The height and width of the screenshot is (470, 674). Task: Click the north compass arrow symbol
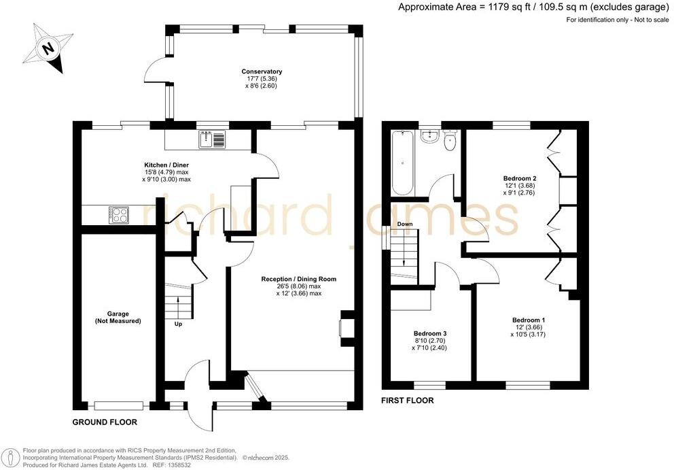pos(48,48)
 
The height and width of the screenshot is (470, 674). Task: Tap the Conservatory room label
pos(262,71)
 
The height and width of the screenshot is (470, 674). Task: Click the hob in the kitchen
pos(119,214)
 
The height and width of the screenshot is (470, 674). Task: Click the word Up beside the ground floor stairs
pos(179,324)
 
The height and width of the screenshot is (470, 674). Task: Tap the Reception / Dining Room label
pos(298,279)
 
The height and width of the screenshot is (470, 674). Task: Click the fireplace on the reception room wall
pos(345,326)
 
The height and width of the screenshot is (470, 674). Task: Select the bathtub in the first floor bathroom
pos(401,163)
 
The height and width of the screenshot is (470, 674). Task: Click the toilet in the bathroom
pos(450,143)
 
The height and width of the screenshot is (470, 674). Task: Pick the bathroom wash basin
pos(428,137)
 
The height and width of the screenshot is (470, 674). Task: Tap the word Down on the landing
pos(404,224)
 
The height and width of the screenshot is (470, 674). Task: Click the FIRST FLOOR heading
pos(408,401)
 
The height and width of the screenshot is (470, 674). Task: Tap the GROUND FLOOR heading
pos(105,422)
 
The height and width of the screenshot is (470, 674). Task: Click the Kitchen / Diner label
pos(166,165)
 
